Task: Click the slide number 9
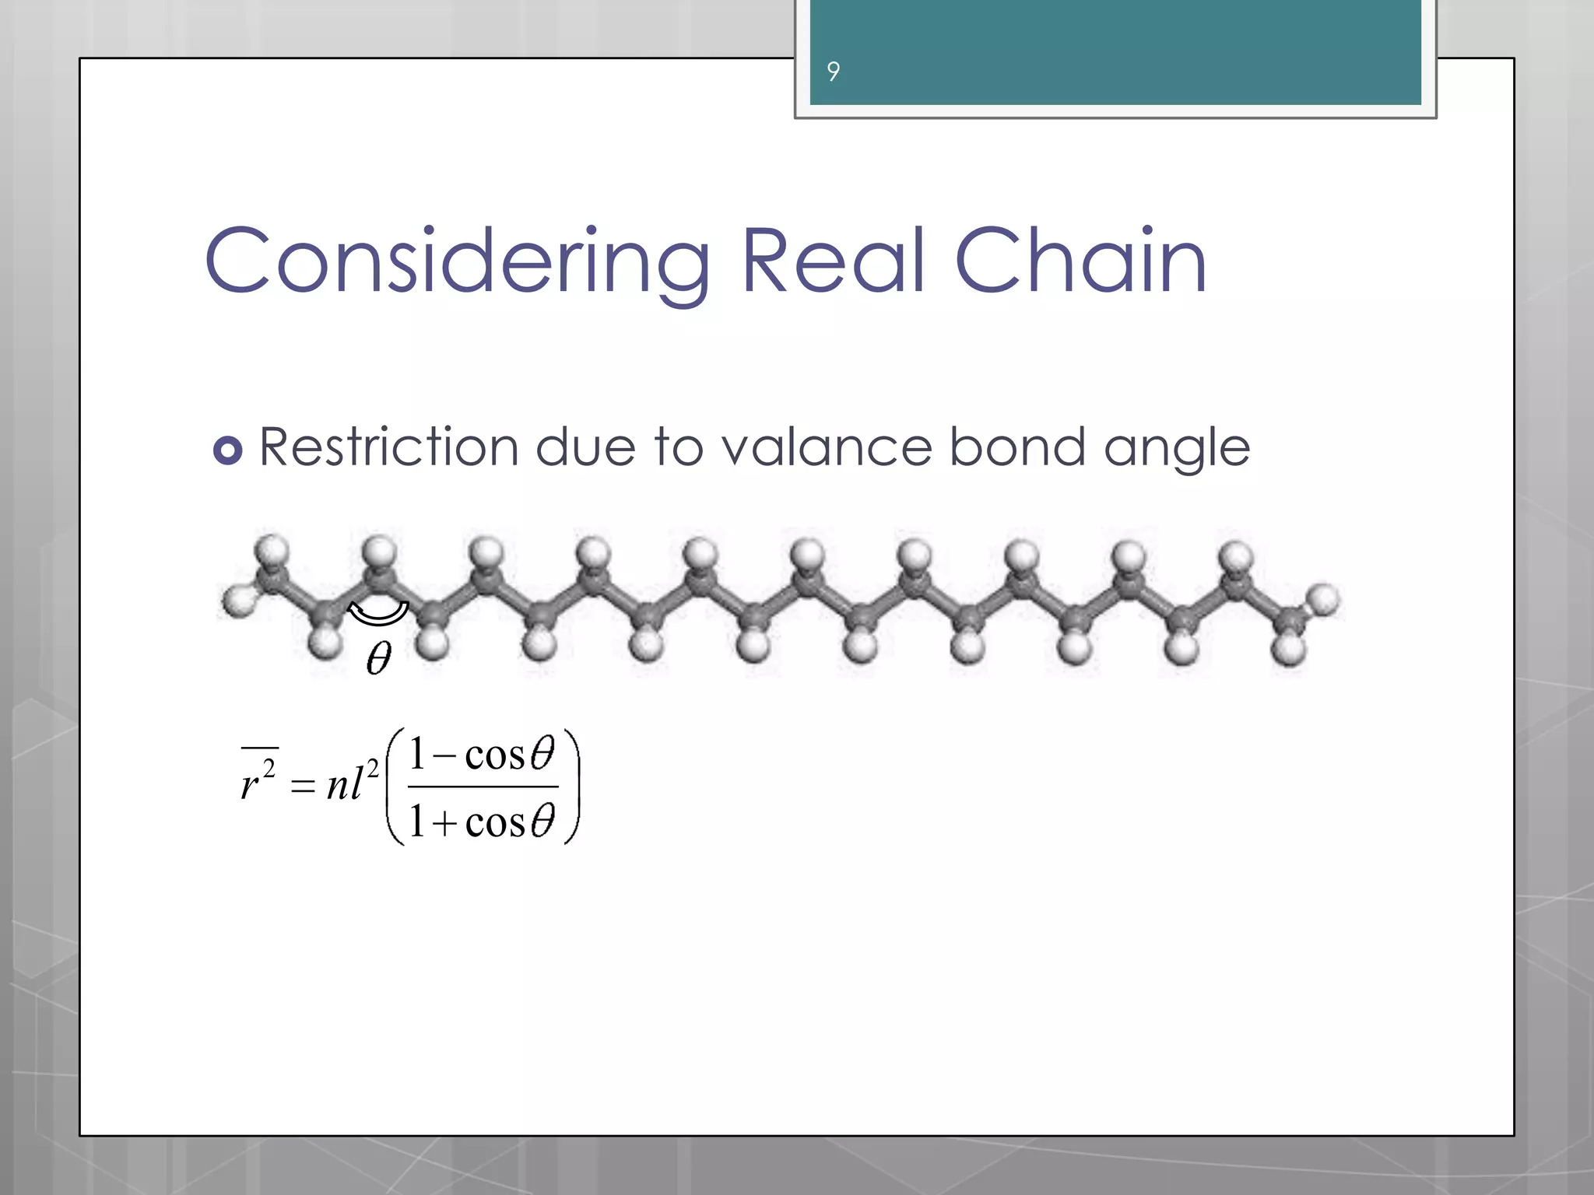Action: coord(833,72)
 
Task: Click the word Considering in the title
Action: coord(457,261)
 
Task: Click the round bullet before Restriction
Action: coord(227,450)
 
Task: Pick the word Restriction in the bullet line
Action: coord(388,447)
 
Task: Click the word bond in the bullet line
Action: coord(1017,447)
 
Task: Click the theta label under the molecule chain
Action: coord(379,658)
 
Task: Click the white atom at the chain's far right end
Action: coord(1322,600)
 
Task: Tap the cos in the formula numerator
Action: coord(495,755)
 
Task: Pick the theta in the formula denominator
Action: coord(542,821)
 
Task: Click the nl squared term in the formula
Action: coord(352,782)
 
